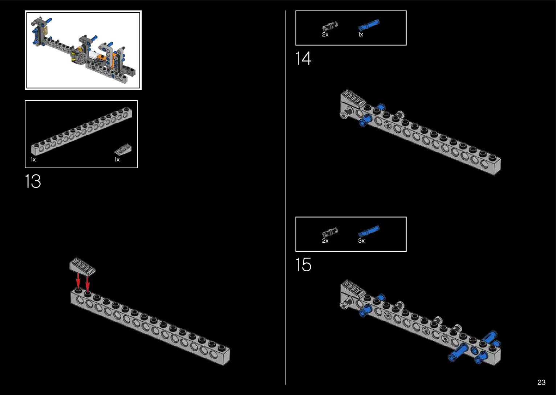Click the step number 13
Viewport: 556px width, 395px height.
coord(33,181)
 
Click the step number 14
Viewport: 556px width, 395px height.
coord(303,58)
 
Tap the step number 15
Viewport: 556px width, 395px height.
coord(303,264)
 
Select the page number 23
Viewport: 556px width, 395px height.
coord(541,382)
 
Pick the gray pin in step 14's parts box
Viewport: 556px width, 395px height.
coord(330,26)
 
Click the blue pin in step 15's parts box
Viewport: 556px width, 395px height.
coord(369,231)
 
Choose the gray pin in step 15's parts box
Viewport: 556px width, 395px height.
coord(330,232)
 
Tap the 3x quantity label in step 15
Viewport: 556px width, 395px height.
coord(361,241)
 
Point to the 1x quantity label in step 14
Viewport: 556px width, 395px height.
coord(360,35)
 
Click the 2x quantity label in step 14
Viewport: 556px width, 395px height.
coord(325,35)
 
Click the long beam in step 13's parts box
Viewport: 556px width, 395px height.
coord(81,131)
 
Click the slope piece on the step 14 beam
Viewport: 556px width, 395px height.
coord(353,100)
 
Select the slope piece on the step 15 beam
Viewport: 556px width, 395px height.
coord(353,291)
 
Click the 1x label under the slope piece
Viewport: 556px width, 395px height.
coord(117,160)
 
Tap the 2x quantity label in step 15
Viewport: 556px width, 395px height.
coord(325,241)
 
